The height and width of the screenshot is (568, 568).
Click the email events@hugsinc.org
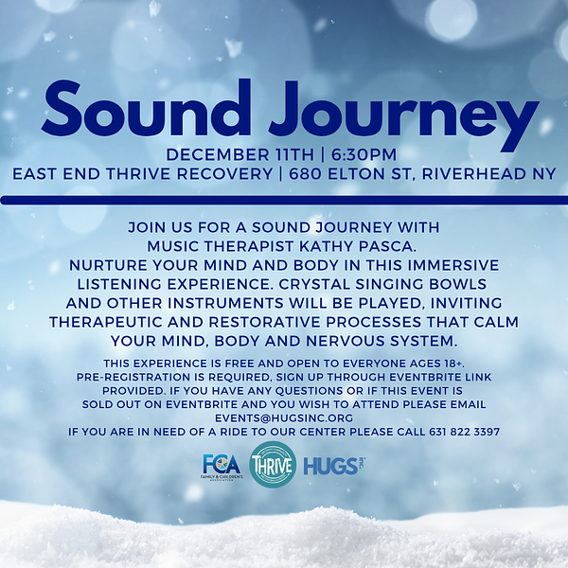click(283, 417)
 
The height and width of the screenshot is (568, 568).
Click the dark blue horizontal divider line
click(284, 200)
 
